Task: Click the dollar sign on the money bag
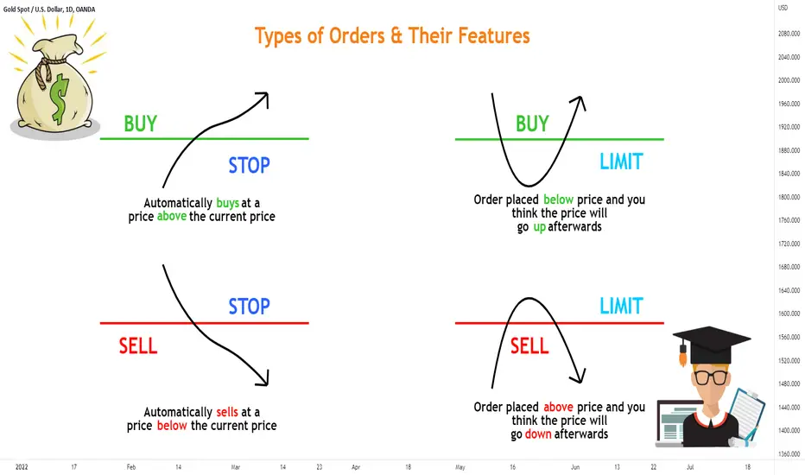pyautogui.click(x=59, y=98)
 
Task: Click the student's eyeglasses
pyautogui.click(x=712, y=377)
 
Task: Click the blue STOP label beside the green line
pyautogui.click(x=249, y=165)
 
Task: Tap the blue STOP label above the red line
pyautogui.click(x=249, y=307)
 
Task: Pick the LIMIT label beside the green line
pyautogui.click(x=621, y=161)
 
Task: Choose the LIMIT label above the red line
pyautogui.click(x=621, y=306)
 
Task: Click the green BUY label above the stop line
pyautogui.click(x=140, y=123)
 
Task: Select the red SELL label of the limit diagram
pyautogui.click(x=529, y=346)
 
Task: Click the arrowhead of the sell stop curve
pyautogui.click(x=263, y=379)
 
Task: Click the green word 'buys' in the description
pyautogui.click(x=227, y=203)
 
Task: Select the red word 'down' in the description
pyautogui.click(x=538, y=434)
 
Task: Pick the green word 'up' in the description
pyautogui.click(x=539, y=227)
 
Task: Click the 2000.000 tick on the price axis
pyautogui.click(x=789, y=80)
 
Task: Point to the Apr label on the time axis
pyautogui.click(x=356, y=467)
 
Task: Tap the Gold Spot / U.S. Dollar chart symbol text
pyautogui.click(x=48, y=9)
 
